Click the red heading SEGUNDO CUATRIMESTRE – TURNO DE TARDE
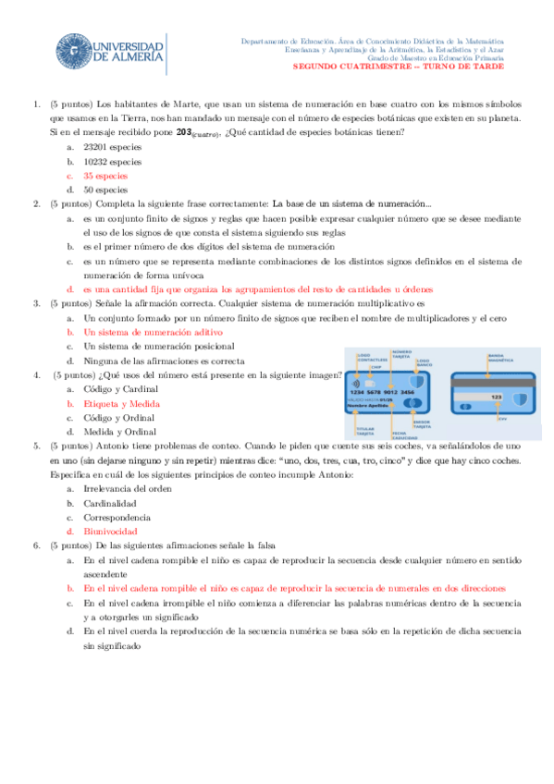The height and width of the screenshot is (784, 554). point(399,67)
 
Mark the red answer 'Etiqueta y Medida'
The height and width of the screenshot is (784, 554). point(121,404)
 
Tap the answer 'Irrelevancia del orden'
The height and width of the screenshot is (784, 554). point(129,489)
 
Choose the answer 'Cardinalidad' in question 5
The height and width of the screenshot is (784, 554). point(109,504)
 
